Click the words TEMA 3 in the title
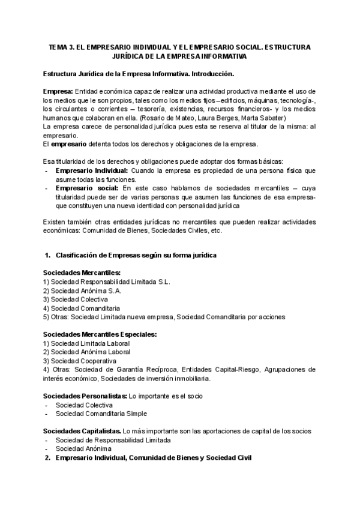(61, 47)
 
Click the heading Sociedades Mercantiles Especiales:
(100, 334)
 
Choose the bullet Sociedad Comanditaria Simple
(101, 414)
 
